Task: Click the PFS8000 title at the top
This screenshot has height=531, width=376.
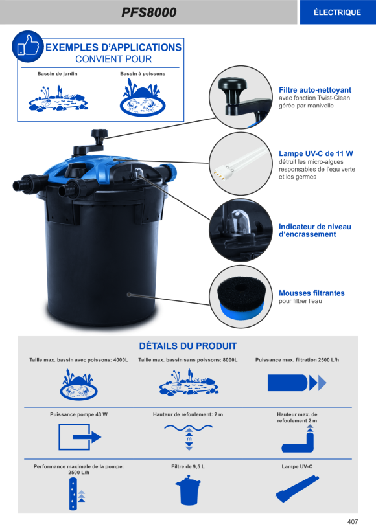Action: click(149, 12)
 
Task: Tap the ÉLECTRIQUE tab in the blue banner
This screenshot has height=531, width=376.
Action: click(337, 12)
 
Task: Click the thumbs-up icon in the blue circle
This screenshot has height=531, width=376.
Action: click(27, 47)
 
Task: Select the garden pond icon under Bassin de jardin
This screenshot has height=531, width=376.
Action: click(58, 99)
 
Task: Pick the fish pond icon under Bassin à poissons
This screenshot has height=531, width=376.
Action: click(143, 98)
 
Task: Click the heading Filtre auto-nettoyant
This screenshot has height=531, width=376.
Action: click(315, 90)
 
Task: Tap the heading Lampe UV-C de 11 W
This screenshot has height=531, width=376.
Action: click(316, 153)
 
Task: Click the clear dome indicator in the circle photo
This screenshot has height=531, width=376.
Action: click(238, 223)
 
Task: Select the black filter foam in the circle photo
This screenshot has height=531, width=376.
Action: click(241, 294)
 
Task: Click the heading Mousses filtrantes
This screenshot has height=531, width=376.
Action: click(312, 293)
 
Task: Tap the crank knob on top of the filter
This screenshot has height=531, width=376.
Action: click(99, 134)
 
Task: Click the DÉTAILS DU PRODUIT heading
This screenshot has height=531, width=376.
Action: click(188, 346)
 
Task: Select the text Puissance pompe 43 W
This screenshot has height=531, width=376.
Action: click(78, 414)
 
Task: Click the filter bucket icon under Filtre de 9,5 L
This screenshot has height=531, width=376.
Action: click(188, 490)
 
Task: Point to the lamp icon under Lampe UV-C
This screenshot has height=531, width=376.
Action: click(297, 489)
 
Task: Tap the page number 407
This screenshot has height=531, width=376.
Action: click(353, 521)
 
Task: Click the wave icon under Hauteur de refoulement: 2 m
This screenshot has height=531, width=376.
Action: click(189, 436)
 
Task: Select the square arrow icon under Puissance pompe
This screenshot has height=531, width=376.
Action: click(80, 437)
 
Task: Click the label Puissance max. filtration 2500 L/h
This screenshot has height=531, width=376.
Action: click(297, 360)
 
